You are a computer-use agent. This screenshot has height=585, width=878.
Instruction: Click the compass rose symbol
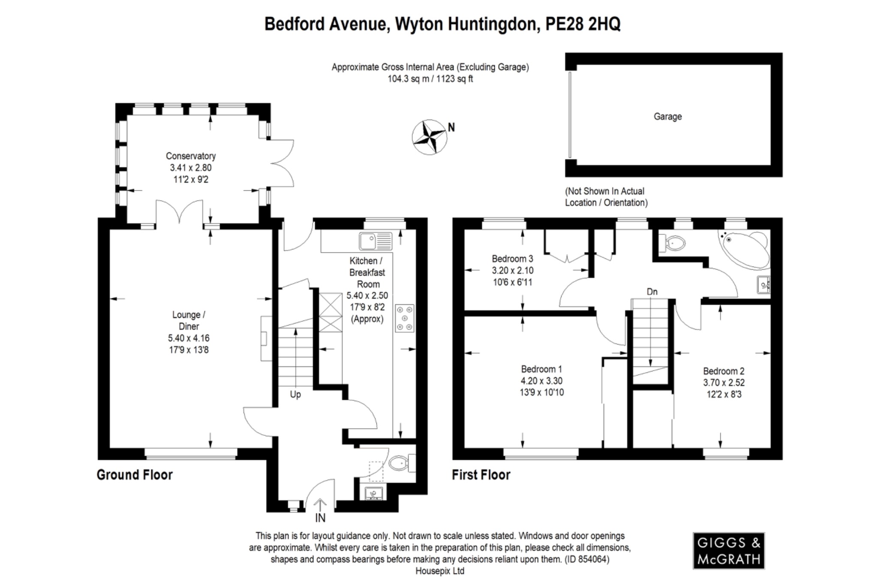pyautogui.click(x=429, y=137)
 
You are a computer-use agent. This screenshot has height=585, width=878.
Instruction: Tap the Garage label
pyautogui.click(x=668, y=117)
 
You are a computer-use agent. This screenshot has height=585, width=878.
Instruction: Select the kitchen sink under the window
pyautogui.click(x=376, y=241)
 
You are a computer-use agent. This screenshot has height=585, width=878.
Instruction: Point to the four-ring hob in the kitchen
pyautogui.click(x=404, y=318)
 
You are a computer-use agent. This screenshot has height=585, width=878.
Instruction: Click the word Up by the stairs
pyautogui.click(x=295, y=394)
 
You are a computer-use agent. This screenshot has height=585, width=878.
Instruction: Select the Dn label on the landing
pyautogui.click(x=652, y=292)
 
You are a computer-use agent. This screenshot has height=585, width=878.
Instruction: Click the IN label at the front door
pyautogui.click(x=320, y=518)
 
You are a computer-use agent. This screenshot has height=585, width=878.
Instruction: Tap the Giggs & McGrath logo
pyautogui.click(x=728, y=551)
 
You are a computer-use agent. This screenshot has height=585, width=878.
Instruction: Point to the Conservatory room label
pyautogui.click(x=191, y=156)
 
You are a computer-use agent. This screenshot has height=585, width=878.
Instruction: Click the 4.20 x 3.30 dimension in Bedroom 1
pyautogui.click(x=541, y=381)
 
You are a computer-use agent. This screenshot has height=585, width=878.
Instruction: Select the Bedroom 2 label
pyautogui.click(x=724, y=371)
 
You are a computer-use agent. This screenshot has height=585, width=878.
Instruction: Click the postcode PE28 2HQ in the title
pyautogui.click(x=583, y=24)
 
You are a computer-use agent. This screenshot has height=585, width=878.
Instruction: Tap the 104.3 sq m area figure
pyautogui.click(x=407, y=79)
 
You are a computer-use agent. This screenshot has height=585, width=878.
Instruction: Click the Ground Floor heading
pyautogui.click(x=135, y=475)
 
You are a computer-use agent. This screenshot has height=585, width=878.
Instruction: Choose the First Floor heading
pyautogui.click(x=481, y=475)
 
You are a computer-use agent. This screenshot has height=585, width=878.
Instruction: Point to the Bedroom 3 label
pyautogui.click(x=512, y=259)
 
